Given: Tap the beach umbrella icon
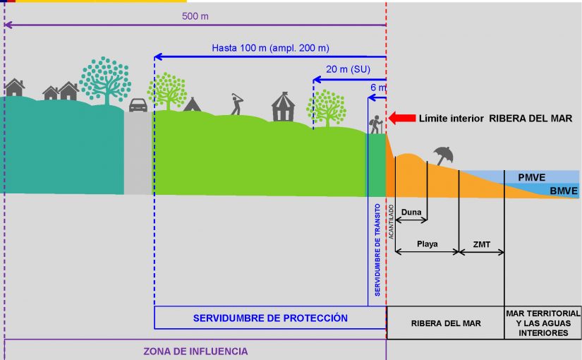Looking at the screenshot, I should point(444,154).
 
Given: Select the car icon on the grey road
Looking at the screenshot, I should point(138,104).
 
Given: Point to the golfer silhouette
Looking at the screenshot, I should point(236,104).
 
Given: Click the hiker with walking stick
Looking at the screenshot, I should point(377,124).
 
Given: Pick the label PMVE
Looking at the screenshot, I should point(533,177).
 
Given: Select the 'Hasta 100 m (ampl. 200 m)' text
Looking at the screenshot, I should point(271,48).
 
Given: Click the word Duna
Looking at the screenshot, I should point(411,212).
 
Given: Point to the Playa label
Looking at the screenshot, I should point(427,244).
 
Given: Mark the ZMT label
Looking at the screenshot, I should point(482,244).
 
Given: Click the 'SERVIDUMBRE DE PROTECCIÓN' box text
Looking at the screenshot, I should point(270,318).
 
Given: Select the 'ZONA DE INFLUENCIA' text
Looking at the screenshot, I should point(196,351).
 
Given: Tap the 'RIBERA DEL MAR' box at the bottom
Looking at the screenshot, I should point(446,323).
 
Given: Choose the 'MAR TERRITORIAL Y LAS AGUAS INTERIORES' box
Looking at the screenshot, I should point(543,323).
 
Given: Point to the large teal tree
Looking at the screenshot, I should point(105,78).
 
